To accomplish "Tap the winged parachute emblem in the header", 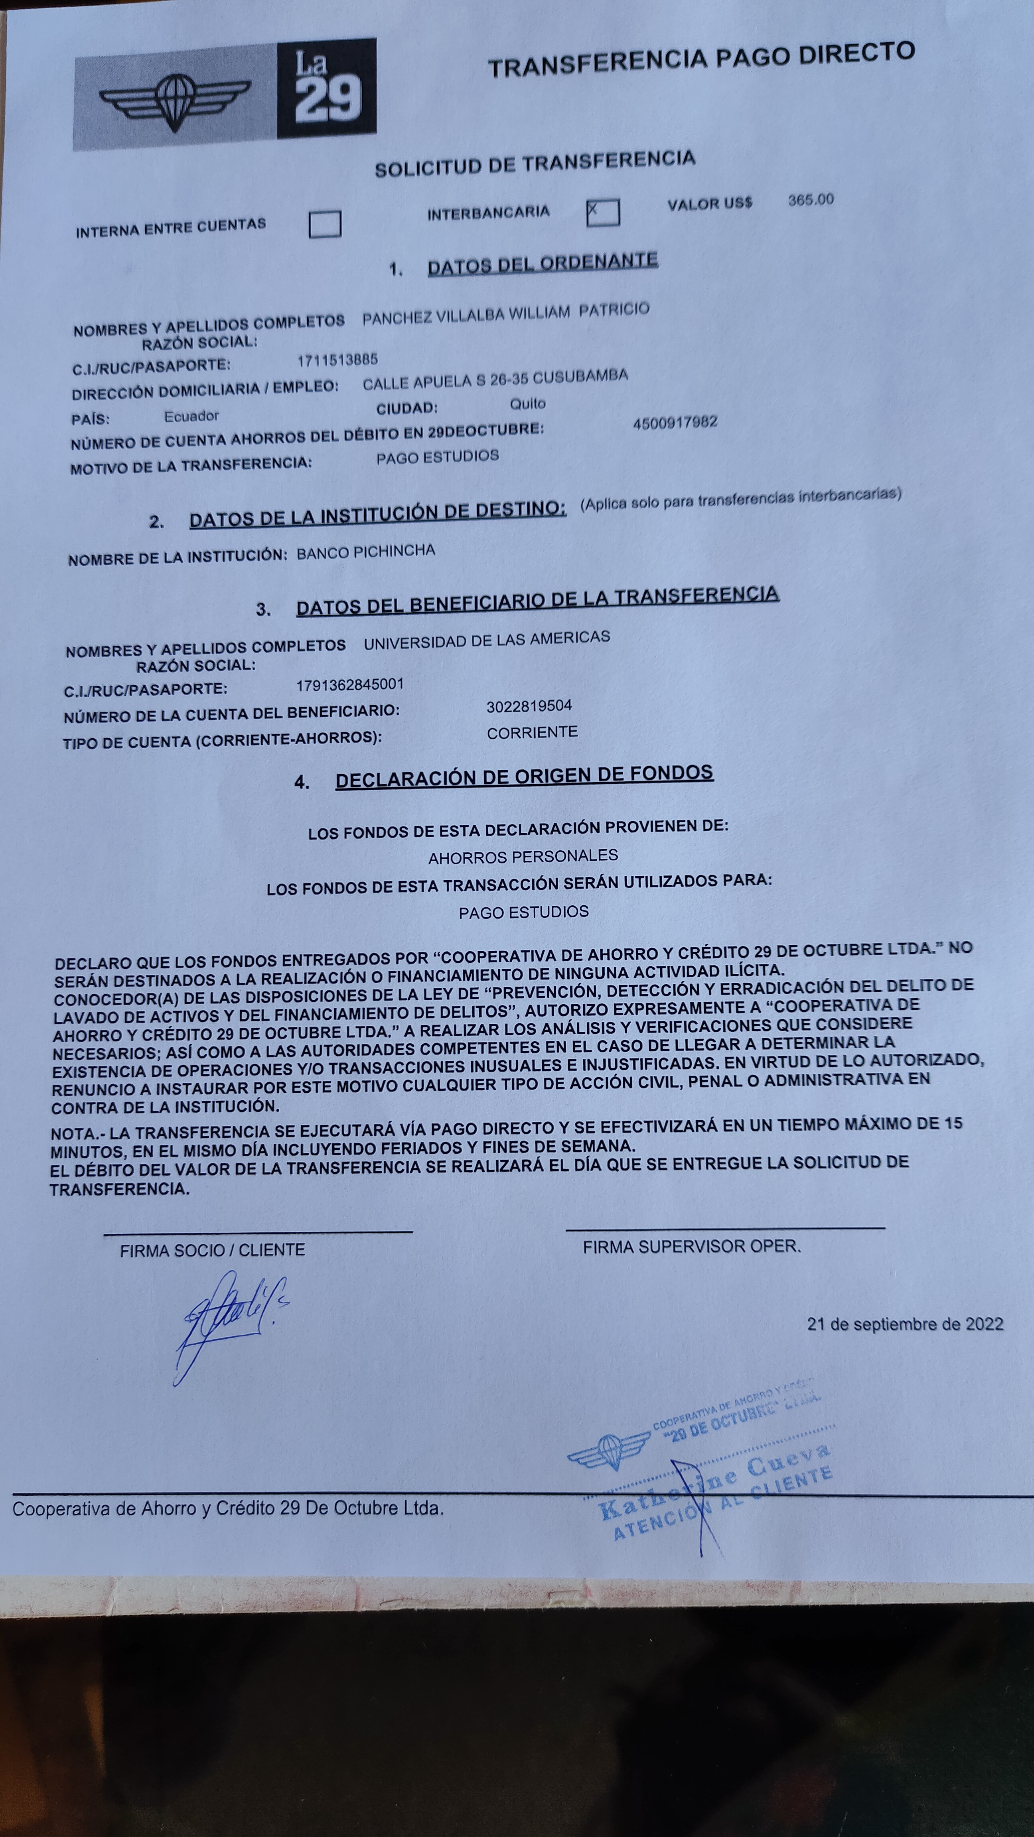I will click(x=175, y=100).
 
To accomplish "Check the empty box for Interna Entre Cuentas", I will click(x=325, y=224).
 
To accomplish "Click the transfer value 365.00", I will click(x=811, y=200).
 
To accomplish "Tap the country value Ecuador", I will click(x=191, y=416).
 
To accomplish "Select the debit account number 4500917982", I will click(x=675, y=422).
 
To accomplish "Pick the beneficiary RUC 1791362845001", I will click(x=350, y=684).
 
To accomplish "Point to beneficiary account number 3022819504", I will click(x=529, y=706).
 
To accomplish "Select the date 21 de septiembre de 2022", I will click(x=905, y=1324).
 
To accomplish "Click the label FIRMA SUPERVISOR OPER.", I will click(x=691, y=1247).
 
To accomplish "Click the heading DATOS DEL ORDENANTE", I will click(x=543, y=263).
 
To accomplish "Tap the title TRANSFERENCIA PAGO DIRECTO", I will click(x=701, y=59).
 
